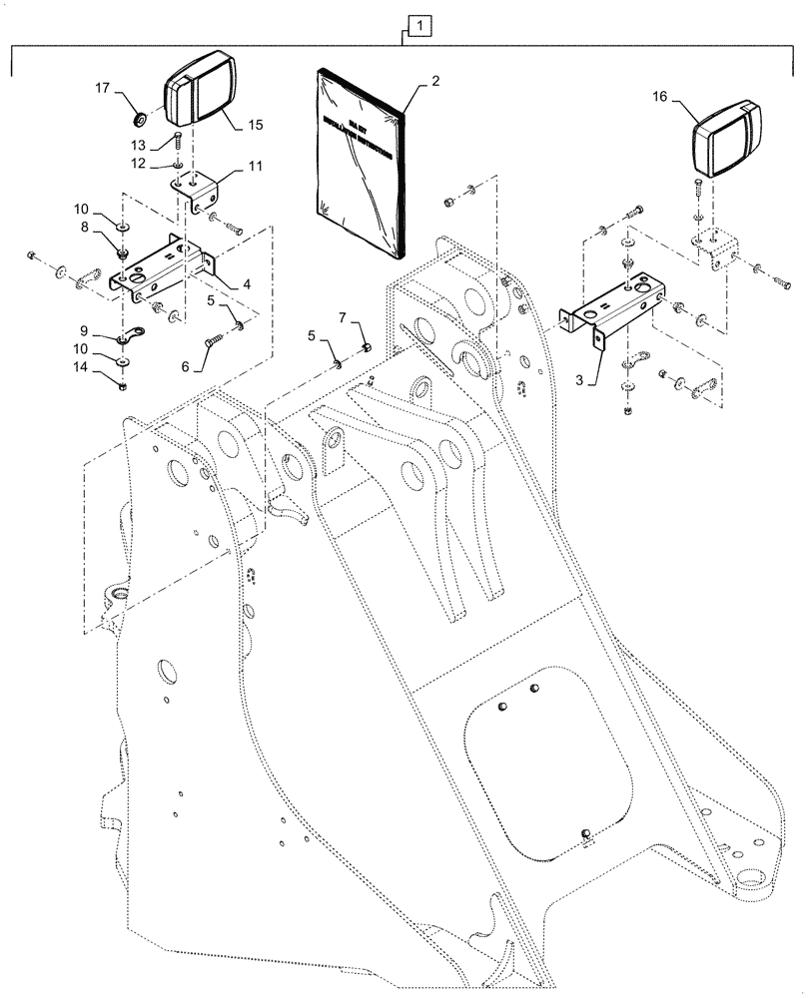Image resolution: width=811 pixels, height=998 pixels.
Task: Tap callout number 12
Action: (141, 162)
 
